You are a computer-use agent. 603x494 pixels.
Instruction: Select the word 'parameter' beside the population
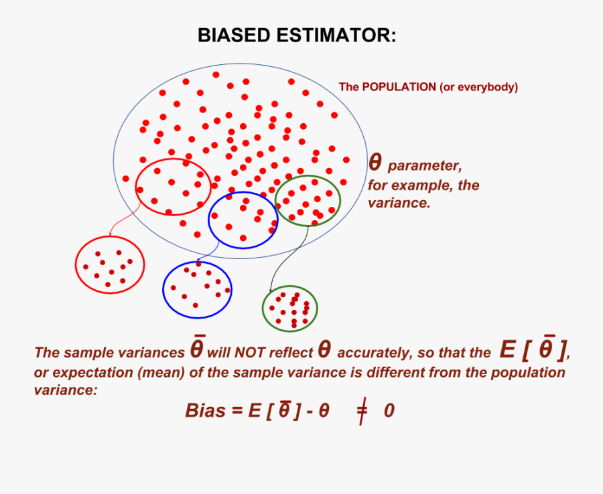point(425,166)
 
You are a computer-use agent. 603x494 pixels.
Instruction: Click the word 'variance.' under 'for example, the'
point(399,203)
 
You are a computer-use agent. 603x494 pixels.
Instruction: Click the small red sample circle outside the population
point(109,264)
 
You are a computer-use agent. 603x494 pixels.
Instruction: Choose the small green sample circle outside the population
point(289,309)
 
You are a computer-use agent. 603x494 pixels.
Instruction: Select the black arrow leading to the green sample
point(285,254)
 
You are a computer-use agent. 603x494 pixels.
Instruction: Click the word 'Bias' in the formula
point(205,411)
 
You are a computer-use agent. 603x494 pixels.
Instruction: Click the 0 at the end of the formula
point(389,411)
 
